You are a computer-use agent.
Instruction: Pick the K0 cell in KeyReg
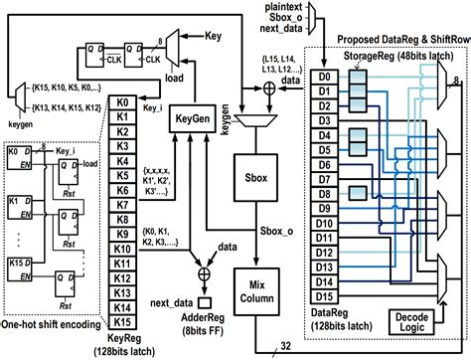(123, 102)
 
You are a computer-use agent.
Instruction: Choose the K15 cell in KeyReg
(123, 322)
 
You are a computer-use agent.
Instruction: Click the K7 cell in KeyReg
(123, 205)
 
